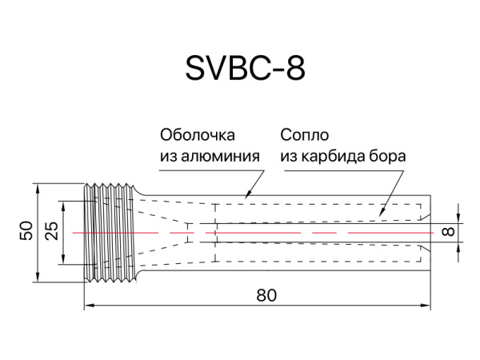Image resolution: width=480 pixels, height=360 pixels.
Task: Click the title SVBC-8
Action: click(245, 70)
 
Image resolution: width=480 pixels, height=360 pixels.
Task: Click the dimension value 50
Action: click(26, 232)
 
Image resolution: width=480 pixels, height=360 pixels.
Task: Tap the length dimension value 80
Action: click(266, 294)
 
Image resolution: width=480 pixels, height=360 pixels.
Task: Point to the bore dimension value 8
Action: click(448, 232)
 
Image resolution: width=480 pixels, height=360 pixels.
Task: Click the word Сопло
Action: click(305, 134)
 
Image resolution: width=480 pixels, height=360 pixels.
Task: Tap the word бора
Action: click(389, 156)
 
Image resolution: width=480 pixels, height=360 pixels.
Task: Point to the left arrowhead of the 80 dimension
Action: click(89, 305)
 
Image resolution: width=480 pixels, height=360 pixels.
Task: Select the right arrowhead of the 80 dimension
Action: click(428, 305)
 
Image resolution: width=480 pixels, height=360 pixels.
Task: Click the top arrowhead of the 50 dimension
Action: click(37, 187)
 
